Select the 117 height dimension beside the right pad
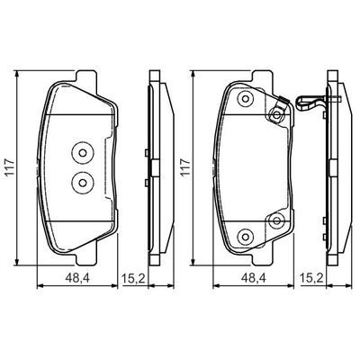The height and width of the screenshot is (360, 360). point(186,167)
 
